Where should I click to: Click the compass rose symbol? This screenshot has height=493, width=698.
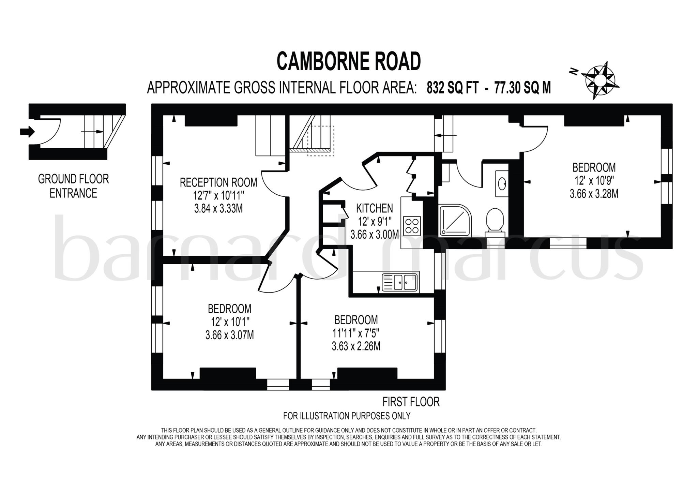point(600,80)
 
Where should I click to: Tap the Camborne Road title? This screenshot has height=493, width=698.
point(349,62)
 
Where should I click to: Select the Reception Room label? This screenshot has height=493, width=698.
point(218,182)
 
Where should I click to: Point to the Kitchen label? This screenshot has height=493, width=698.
point(374,208)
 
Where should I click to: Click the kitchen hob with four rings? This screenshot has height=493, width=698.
point(411,226)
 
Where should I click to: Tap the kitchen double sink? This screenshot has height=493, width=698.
point(400,282)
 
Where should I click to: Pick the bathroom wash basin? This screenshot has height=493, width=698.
point(502,184)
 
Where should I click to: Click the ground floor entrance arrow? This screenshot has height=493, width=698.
point(27,131)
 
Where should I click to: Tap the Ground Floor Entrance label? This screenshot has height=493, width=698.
point(73,186)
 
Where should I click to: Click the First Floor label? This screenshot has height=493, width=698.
point(411,402)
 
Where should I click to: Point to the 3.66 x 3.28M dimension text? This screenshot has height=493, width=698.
point(594,194)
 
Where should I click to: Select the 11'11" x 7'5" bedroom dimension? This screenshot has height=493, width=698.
point(356,333)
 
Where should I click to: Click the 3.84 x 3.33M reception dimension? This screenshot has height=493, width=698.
point(218,208)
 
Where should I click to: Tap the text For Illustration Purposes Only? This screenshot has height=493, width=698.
point(347,416)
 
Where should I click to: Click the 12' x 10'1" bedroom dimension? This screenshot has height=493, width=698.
point(230,322)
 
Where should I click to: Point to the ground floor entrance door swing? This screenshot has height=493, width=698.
point(51,131)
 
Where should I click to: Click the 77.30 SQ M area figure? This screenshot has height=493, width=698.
point(522,88)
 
